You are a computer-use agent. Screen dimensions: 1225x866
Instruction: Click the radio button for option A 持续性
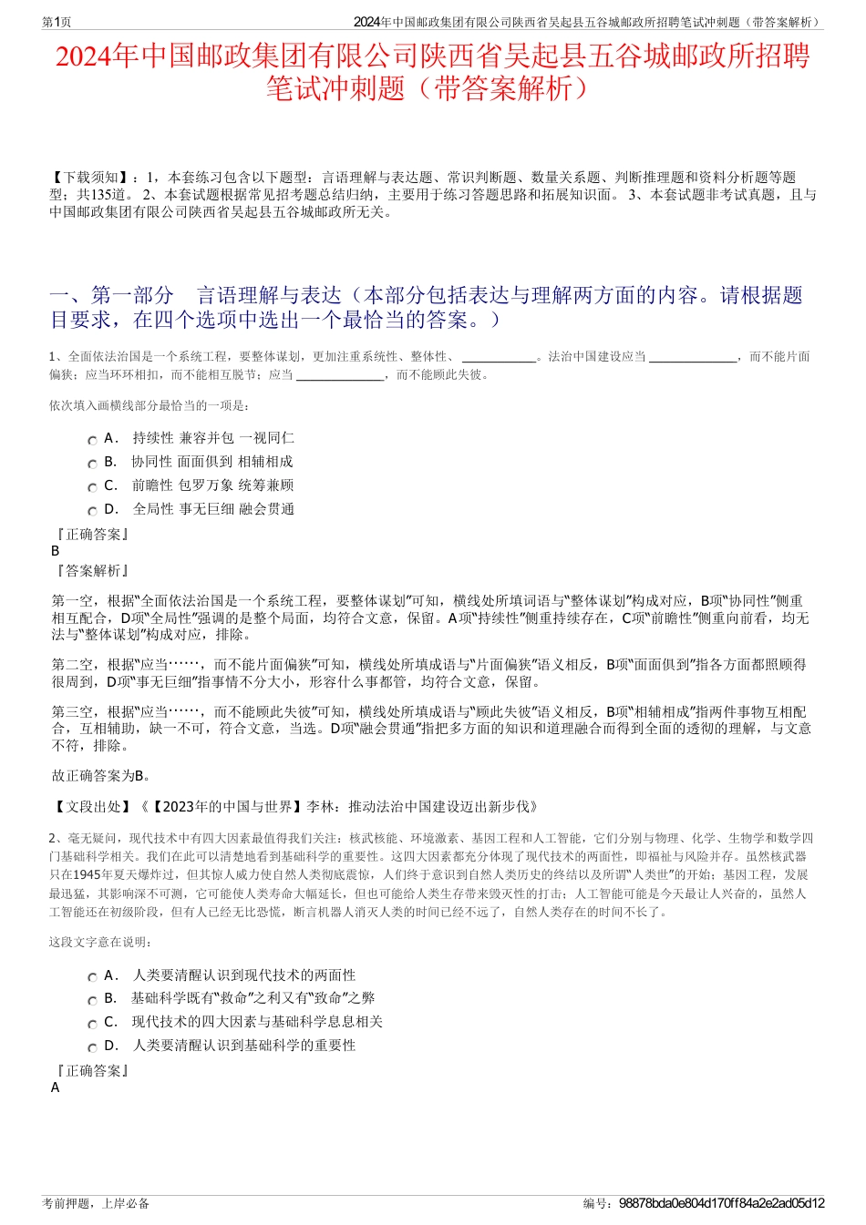(x=92, y=441)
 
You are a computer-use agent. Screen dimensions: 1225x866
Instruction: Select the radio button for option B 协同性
(x=92, y=464)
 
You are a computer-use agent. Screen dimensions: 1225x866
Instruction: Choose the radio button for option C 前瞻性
(x=92, y=488)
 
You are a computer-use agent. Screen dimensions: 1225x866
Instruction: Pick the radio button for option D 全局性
(x=92, y=512)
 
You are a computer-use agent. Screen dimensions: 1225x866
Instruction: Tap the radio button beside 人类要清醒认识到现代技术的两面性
(x=92, y=977)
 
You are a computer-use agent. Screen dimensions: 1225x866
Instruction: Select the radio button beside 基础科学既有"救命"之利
(x=92, y=1001)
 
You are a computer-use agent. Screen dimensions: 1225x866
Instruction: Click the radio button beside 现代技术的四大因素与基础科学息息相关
(x=92, y=1025)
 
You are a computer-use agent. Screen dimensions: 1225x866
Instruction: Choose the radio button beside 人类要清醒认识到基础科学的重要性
(x=92, y=1048)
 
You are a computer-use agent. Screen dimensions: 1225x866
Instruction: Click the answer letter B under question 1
(x=56, y=551)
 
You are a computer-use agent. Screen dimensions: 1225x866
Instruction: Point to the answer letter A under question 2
(x=56, y=1087)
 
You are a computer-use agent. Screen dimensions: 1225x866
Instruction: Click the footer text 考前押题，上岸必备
(x=96, y=1203)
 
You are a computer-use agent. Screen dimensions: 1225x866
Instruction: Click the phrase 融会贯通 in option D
(x=267, y=509)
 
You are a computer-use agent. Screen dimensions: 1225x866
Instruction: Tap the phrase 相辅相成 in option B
(x=265, y=462)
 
